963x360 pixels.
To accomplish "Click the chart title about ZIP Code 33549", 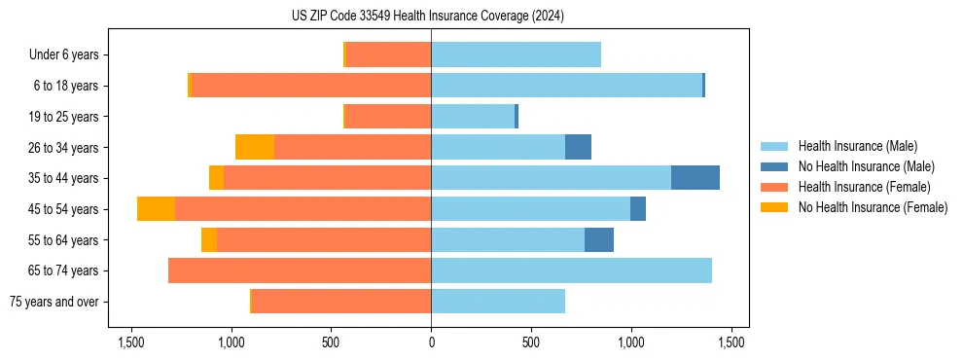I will (x=427, y=16).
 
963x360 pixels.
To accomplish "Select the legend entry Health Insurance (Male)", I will (x=857, y=146).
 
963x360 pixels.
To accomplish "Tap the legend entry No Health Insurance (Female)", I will (x=873, y=207).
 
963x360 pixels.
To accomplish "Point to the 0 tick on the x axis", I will (x=431, y=342).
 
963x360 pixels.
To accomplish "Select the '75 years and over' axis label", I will (x=54, y=302).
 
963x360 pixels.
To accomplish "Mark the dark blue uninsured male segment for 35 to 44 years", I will (x=695, y=178).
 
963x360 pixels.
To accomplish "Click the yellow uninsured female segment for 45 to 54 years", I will (x=156, y=209).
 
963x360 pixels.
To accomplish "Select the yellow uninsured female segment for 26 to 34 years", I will (x=255, y=147).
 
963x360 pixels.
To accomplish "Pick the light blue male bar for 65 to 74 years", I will (x=571, y=270).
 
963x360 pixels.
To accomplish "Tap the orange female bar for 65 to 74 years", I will (x=300, y=270).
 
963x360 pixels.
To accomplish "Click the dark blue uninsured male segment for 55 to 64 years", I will (x=599, y=239).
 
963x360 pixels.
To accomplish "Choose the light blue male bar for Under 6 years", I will (x=516, y=54).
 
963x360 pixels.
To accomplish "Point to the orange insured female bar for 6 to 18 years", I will (x=311, y=86).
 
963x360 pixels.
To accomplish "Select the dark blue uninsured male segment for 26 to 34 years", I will (x=578, y=147).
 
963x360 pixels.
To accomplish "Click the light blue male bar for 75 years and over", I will (x=498, y=302).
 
